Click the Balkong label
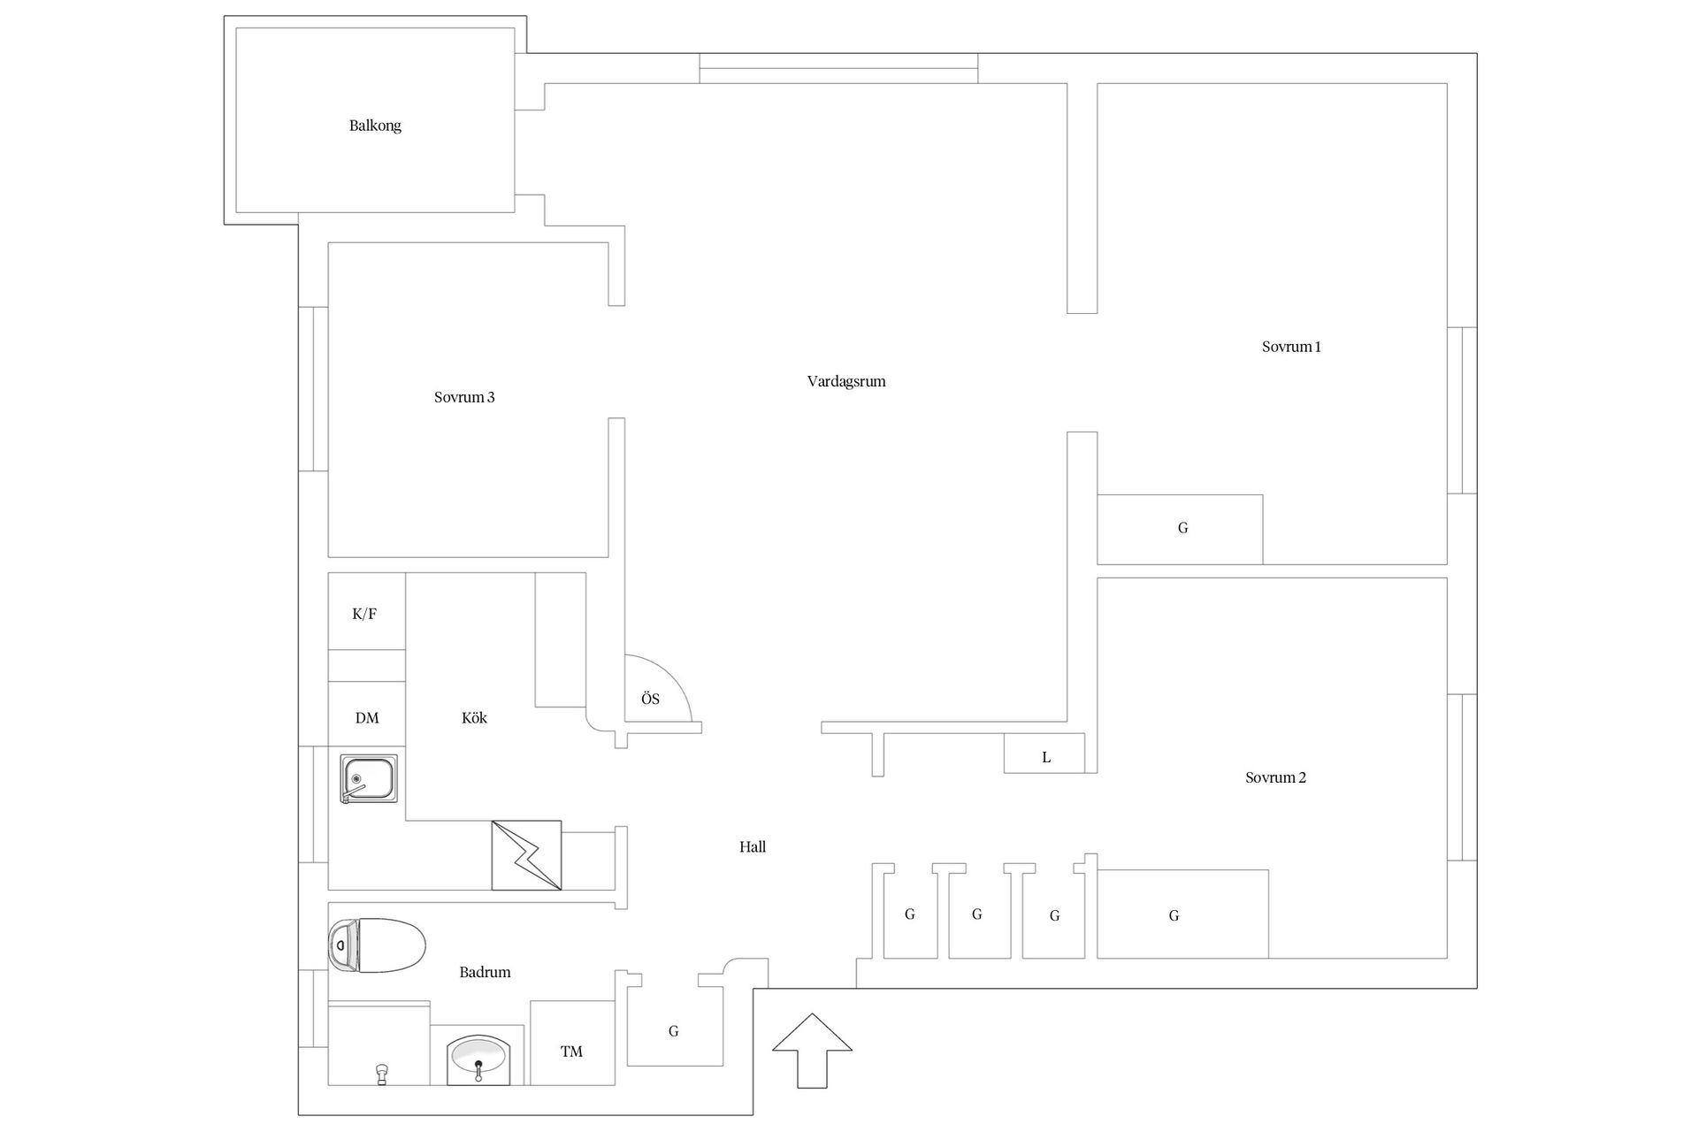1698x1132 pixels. tap(375, 126)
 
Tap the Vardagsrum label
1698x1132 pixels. tap(846, 381)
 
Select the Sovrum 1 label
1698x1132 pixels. tap(1291, 347)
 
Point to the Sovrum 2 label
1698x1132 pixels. tap(1275, 777)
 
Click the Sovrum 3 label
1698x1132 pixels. tap(464, 397)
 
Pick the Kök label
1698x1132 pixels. tap(474, 717)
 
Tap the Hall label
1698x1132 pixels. tap(753, 846)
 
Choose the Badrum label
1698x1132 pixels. tap(485, 972)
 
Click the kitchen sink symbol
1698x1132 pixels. tap(369, 778)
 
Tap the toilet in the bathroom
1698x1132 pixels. tap(377, 945)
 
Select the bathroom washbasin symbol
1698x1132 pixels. tap(478, 1059)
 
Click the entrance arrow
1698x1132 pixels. tap(812, 1051)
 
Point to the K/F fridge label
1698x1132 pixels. tap(364, 614)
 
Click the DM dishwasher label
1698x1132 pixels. tap(367, 718)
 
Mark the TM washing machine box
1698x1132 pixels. tap(572, 1043)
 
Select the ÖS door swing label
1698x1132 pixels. tap(650, 699)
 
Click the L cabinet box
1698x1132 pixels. tap(1044, 753)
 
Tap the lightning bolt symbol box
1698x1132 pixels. tap(526, 855)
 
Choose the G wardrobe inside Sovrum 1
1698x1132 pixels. tap(1180, 529)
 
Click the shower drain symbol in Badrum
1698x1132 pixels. tap(382, 1074)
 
